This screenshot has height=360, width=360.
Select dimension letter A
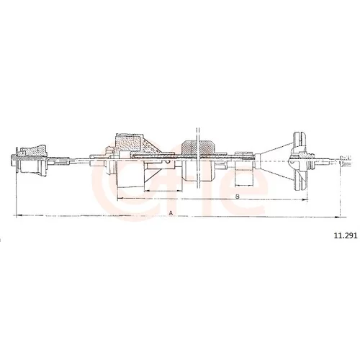[x=171, y=212]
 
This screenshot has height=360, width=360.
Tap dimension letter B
[x=238, y=197]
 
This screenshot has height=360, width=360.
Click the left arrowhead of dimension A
[x=19, y=215]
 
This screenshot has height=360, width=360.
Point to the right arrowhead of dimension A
[x=337, y=217]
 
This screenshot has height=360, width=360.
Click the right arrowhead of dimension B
[x=305, y=199]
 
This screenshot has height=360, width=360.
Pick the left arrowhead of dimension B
[x=120, y=198]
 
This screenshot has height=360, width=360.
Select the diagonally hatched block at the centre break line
[x=197, y=148]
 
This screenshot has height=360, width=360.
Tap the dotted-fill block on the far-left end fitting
[x=35, y=150]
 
